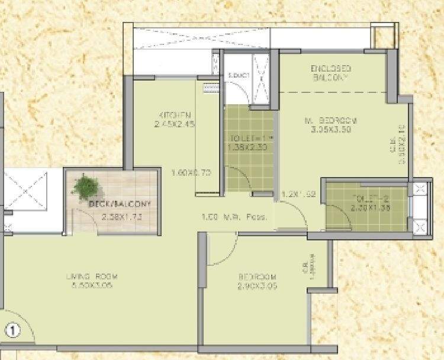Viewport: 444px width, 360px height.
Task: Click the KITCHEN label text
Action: tap(174, 114)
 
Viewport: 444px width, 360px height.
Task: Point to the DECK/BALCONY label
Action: tap(120, 204)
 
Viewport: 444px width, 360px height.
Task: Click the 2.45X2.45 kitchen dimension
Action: tap(174, 124)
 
